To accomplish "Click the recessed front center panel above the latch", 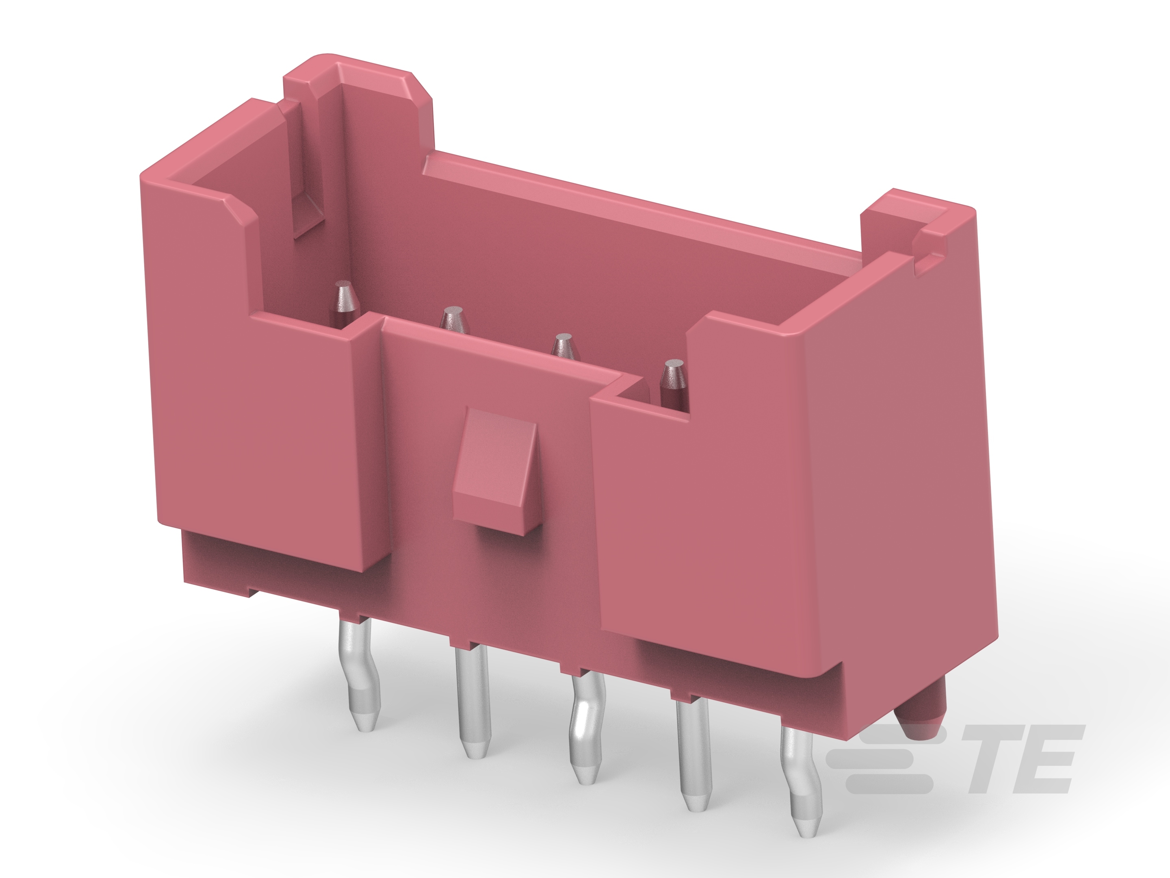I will pos(476,370).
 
